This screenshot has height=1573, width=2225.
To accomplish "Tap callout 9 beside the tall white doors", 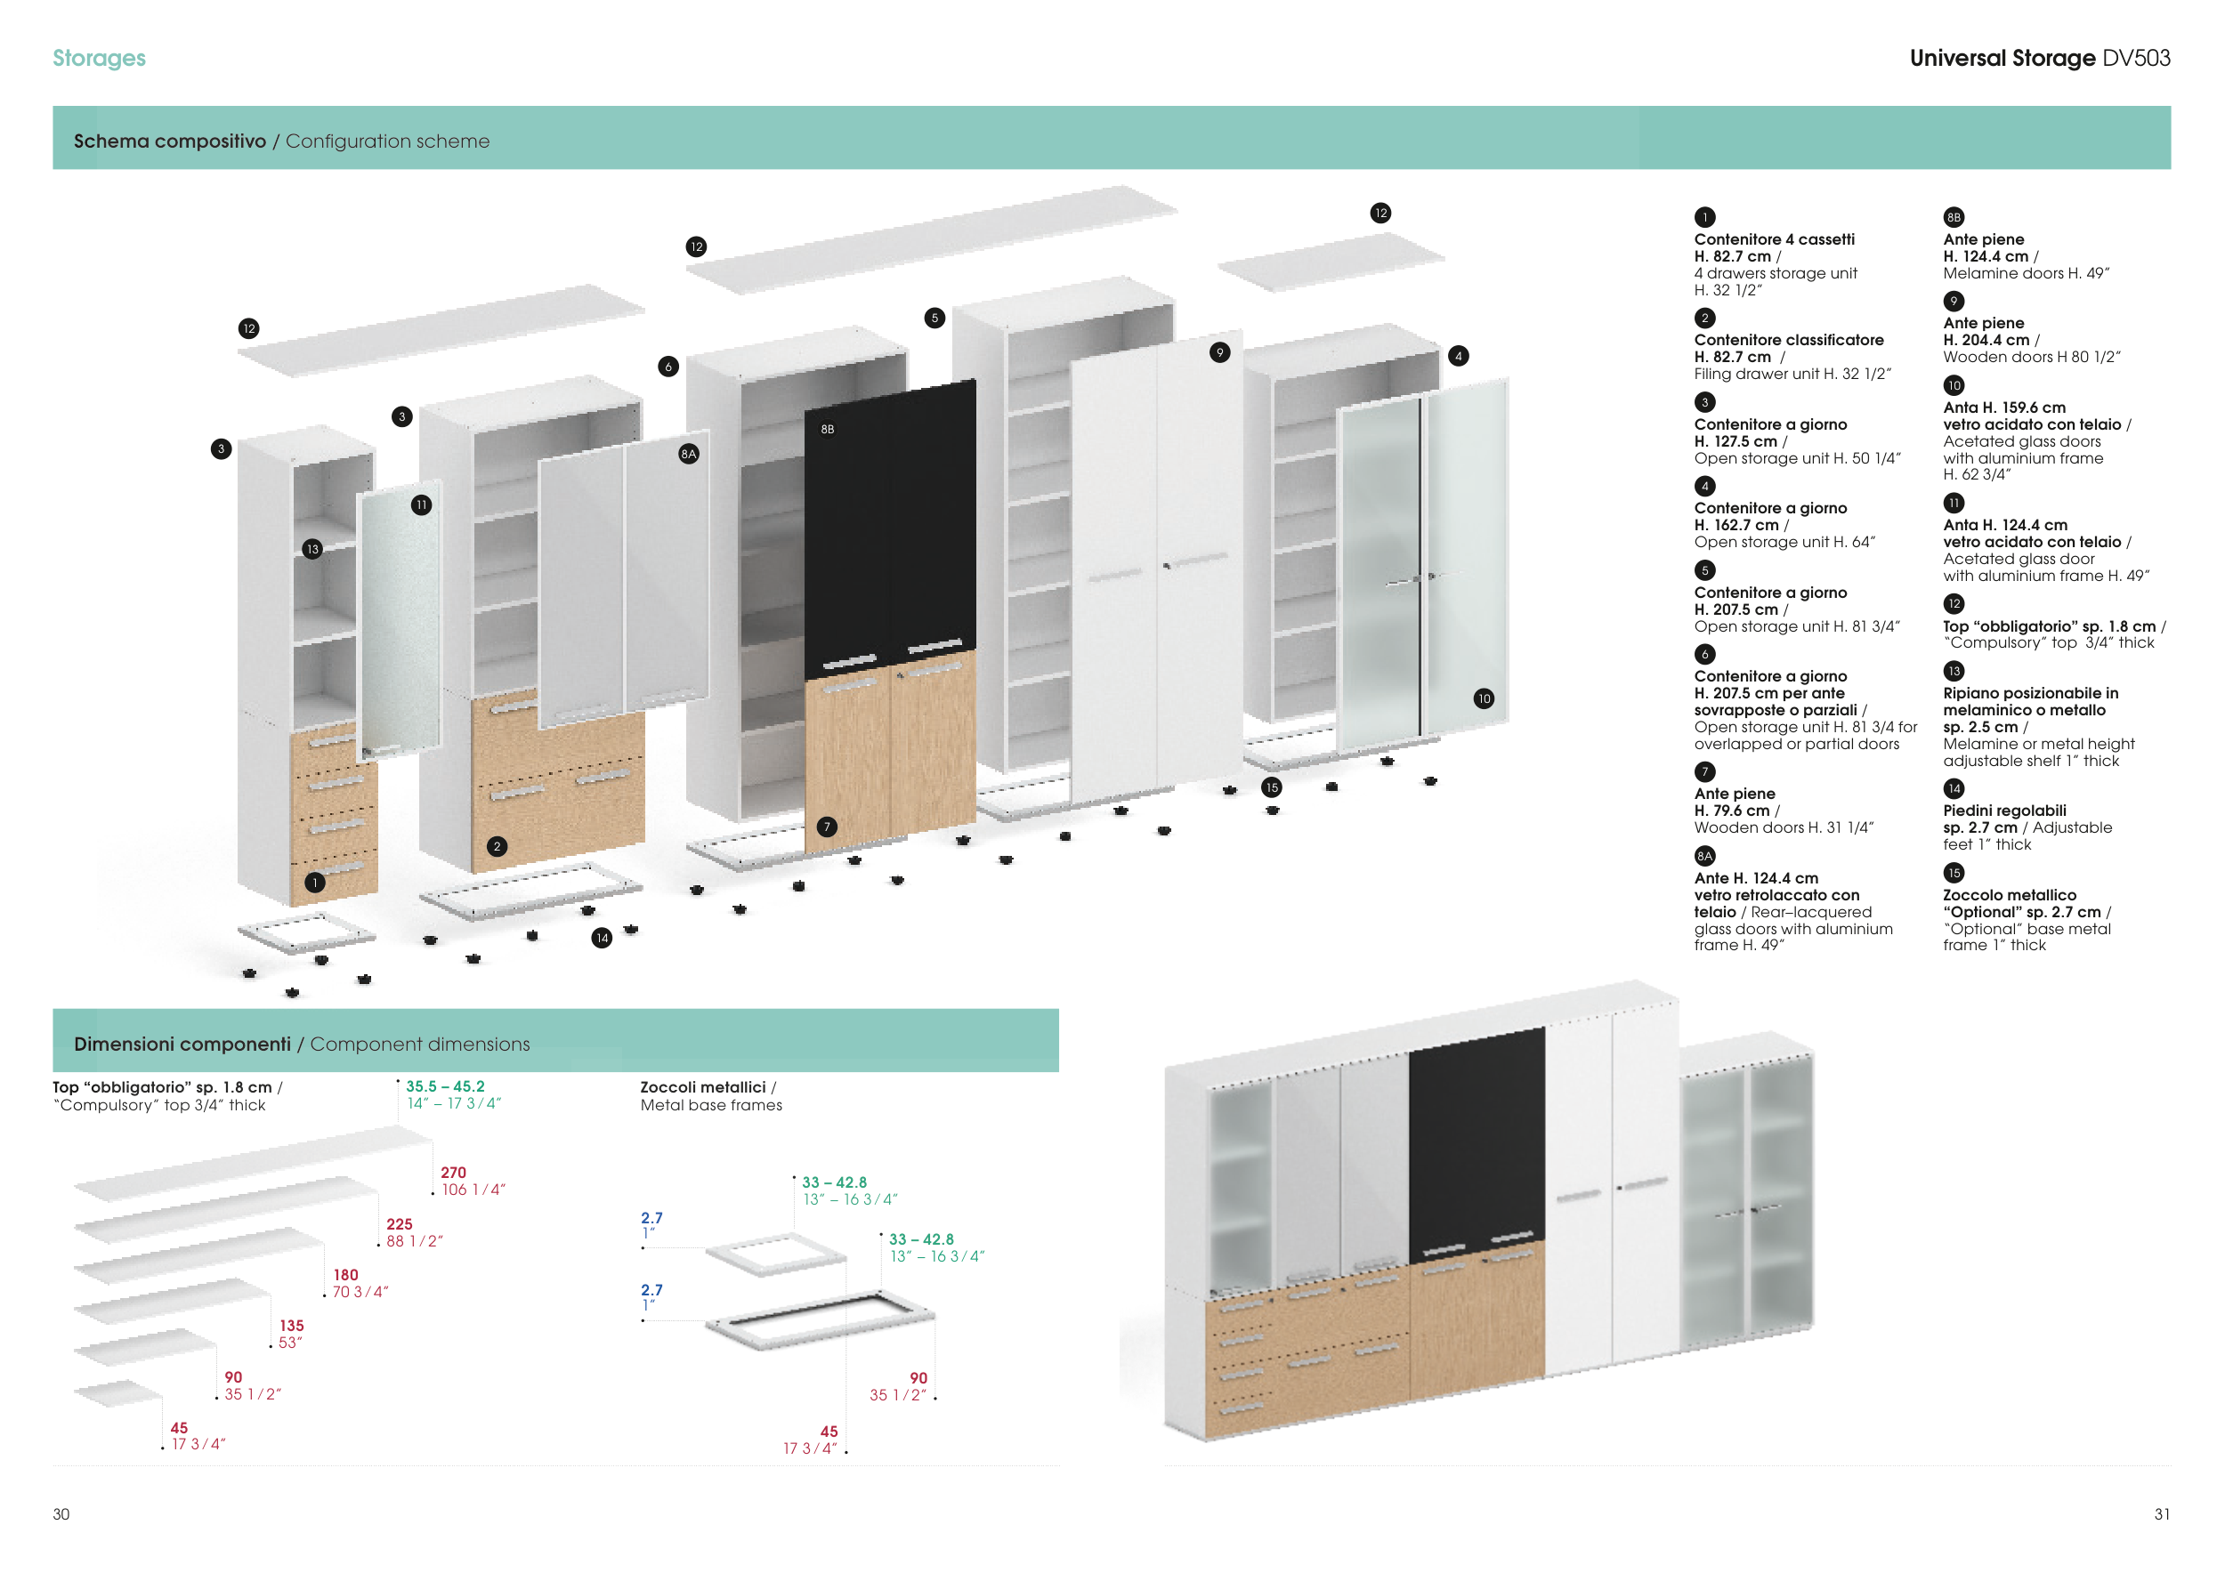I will [1220, 352].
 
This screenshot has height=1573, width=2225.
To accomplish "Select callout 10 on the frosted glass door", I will [1484, 698].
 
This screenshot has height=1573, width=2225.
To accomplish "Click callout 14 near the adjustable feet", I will [602, 938].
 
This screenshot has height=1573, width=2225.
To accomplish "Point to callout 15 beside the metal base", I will [1273, 787].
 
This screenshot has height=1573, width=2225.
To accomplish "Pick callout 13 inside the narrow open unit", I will [312, 549].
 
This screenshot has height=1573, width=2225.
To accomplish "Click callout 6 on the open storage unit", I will [667, 367].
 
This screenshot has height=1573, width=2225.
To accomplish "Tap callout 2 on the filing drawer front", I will [498, 846].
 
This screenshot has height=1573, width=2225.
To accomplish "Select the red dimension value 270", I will [454, 1173].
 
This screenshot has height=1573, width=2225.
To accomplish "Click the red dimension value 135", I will [292, 1326].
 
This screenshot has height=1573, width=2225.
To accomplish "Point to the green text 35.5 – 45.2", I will [445, 1086].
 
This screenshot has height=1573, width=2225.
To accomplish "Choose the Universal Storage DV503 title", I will [2039, 58].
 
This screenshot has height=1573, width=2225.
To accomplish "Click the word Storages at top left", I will [99, 58].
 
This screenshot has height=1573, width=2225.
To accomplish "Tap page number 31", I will [2162, 1514].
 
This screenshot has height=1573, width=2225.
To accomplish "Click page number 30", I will [61, 1514].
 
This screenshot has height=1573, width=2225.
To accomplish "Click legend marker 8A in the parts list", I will [1704, 856].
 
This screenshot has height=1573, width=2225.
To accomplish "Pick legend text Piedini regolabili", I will [2004, 811].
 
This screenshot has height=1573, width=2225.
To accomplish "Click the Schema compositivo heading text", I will [170, 141].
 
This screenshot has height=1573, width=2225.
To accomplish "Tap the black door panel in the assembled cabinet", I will [1476, 1143].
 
